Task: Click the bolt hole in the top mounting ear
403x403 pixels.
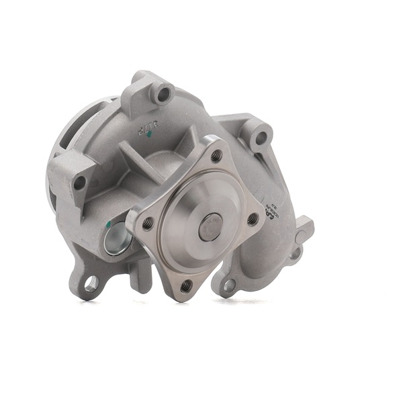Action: [163, 94]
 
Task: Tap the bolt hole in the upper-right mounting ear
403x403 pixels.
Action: [261, 138]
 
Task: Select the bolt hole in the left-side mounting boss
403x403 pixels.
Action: [80, 182]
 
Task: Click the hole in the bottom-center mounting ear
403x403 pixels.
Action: [229, 285]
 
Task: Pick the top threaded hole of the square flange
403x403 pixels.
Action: [216, 155]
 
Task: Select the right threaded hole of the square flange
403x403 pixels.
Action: [253, 219]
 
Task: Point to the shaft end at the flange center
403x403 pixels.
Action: [210, 227]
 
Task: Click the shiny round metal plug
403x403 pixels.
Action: [115, 239]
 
